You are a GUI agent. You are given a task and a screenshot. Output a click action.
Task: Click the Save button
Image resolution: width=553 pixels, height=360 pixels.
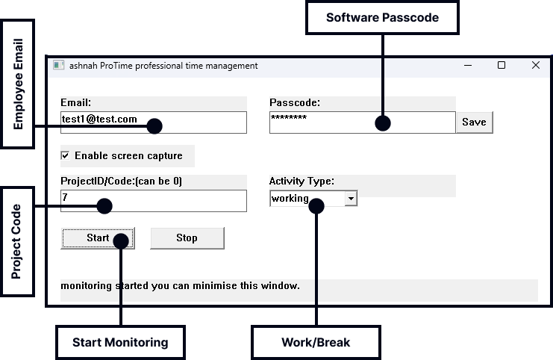point(474,122)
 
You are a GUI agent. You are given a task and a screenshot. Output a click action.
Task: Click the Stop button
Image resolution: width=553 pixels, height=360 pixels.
point(187,238)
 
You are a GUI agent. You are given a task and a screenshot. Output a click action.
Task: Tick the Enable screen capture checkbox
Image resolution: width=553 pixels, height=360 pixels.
point(66,155)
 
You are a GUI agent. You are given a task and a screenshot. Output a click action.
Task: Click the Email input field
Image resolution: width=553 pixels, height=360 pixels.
point(104,122)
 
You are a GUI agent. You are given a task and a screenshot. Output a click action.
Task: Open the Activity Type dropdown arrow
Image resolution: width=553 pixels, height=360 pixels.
point(351,199)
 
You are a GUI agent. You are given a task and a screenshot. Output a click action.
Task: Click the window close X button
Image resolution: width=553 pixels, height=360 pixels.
point(535,66)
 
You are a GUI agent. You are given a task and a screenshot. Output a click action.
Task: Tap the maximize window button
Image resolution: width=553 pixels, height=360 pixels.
point(502,66)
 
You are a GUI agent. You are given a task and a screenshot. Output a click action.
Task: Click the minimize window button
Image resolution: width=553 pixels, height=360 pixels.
point(467,66)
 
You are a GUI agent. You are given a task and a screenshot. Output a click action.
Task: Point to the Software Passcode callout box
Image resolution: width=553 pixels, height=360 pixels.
point(381,17)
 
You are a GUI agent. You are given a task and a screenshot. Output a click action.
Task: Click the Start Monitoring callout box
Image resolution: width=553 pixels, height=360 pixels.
point(120,343)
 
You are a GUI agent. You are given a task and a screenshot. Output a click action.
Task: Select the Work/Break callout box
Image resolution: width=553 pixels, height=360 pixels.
point(316,343)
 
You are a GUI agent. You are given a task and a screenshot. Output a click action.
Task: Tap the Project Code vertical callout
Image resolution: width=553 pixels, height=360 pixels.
point(17,243)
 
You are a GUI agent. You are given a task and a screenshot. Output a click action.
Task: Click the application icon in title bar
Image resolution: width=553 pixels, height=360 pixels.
point(58,66)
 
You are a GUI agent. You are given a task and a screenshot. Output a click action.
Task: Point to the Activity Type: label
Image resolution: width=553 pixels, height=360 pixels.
point(302,181)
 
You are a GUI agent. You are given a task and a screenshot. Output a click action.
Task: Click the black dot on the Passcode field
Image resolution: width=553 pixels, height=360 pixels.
point(382,123)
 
